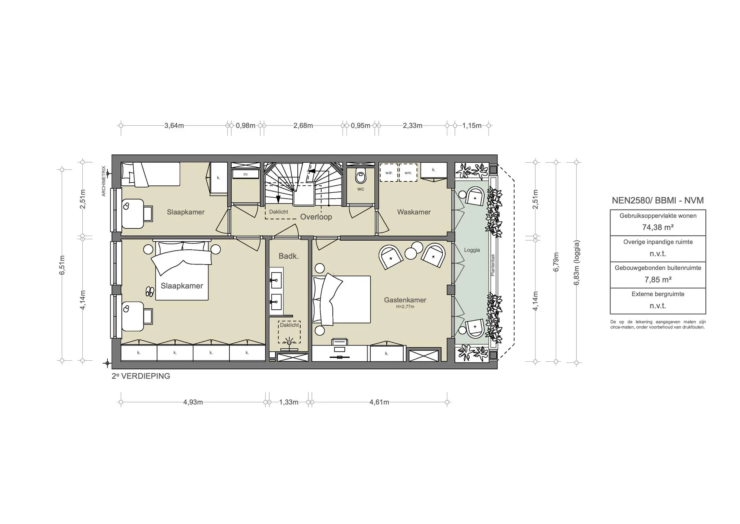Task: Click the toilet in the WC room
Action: click(x=360, y=176)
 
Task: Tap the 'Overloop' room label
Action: click(x=316, y=217)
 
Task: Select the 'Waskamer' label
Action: click(x=414, y=212)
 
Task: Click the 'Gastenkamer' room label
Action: click(x=405, y=300)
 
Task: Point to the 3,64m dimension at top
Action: click(x=174, y=126)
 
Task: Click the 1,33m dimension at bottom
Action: click(x=289, y=402)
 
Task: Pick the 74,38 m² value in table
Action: click(x=658, y=227)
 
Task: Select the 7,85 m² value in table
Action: click(x=658, y=280)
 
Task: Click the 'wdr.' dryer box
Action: click(x=389, y=173)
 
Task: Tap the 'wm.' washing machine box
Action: click(x=408, y=173)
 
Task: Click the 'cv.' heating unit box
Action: click(x=246, y=174)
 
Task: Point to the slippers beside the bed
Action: click(x=149, y=291)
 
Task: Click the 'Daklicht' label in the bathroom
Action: click(x=289, y=325)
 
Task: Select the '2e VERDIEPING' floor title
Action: click(x=141, y=376)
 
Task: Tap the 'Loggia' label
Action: click(x=472, y=250)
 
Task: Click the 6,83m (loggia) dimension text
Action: click(x=576, y=263)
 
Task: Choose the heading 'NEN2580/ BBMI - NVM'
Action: click(x=658, y=201)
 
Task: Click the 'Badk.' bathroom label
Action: click(x=288, y=256)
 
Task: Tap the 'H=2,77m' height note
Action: click(x=405, y=307)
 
